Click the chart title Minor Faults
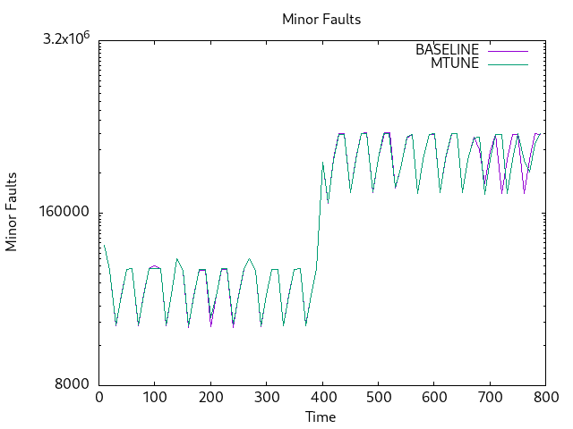[x=321, y=19]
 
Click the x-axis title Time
[x=321, y=416]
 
